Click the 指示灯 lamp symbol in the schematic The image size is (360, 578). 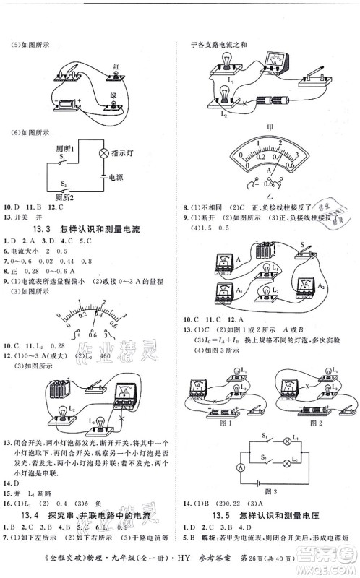coord(103,154)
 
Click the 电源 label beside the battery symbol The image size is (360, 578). coord(117,176)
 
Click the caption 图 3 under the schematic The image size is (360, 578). coord(268,495)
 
